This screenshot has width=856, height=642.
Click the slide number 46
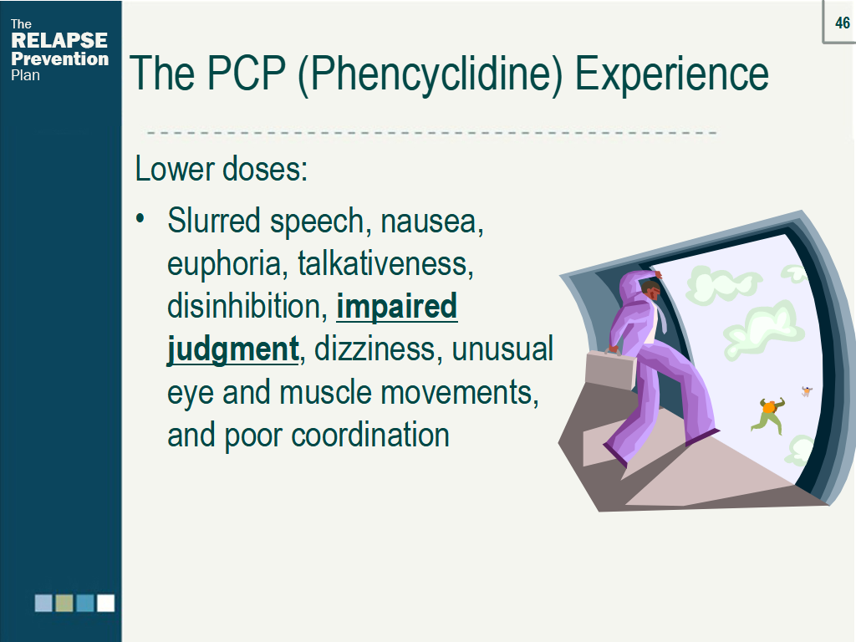(843, 23)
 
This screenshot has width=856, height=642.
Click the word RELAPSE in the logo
(59, 40)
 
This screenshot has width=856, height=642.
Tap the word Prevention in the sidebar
(60, 59)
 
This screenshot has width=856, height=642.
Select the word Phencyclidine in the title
(431, 74)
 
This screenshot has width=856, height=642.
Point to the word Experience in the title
(671, 74)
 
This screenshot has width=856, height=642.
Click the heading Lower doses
(221, 168)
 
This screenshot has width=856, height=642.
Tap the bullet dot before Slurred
(140, 219)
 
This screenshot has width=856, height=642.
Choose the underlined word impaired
(397, 308)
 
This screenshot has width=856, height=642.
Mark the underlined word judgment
(233, 350)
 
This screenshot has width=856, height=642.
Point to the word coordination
(370, 435)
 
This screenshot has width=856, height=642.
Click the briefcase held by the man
(610, 369)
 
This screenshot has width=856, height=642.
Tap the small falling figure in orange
(769, 415)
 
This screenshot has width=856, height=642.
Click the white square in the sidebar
(105, 604)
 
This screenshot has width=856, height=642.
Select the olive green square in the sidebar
(64, 604)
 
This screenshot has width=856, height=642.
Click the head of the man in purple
(650, 290)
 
